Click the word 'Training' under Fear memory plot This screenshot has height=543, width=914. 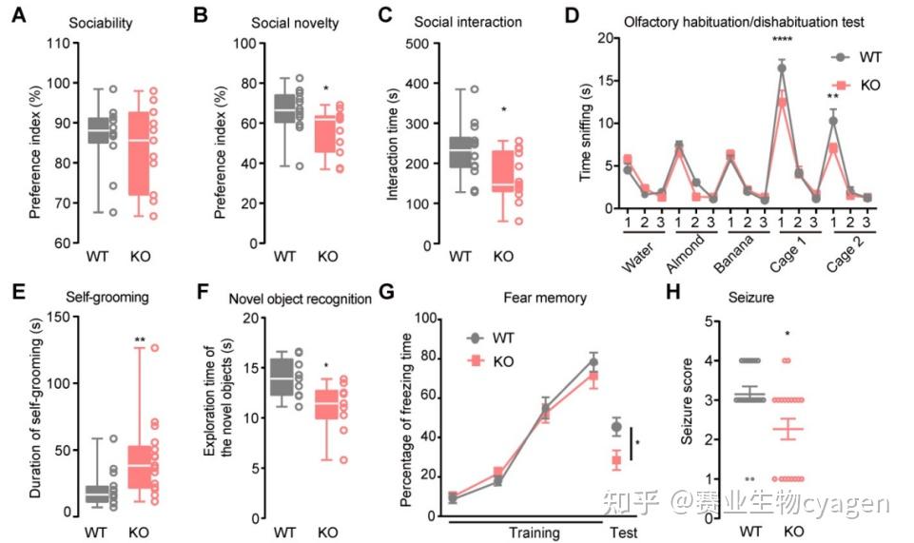[534, 533]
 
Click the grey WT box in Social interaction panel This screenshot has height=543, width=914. [461, 152]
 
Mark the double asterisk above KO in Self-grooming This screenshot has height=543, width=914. [141, 339]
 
